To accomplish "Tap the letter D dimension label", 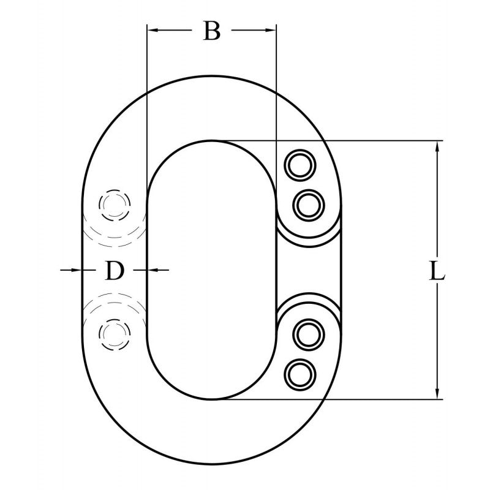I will point(114,269).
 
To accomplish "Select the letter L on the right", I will point(436,270).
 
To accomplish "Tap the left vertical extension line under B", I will point(147,123).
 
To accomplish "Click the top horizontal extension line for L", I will point(367,141).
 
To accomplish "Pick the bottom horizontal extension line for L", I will point(367,399).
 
